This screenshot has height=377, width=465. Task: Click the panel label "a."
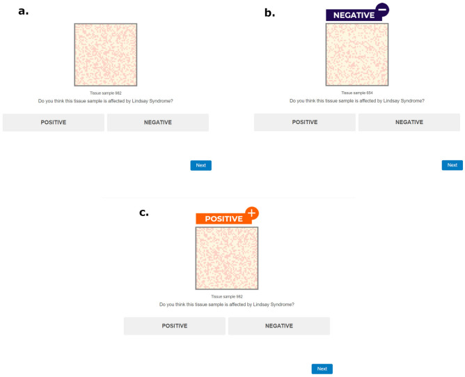(24, 10)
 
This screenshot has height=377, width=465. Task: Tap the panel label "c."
(144, 212)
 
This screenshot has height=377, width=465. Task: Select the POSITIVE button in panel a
(54, 122)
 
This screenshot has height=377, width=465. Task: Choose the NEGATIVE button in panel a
(157, 122)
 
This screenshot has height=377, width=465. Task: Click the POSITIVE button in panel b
(305, 122)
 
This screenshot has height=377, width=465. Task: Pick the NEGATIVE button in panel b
(409, 122)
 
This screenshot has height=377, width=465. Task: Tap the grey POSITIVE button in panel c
(175, 325)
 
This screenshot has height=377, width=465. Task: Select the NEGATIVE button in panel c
(278, 325)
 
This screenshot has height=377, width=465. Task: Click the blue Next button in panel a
(200, 165)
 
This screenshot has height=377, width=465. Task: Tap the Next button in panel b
(452, 165)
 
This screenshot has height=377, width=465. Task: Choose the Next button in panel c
(322, 369)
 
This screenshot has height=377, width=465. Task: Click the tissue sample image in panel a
(106, 54)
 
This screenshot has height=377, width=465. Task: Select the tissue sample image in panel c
(227, 258)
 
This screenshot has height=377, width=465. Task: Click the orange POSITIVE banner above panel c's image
(220, 218)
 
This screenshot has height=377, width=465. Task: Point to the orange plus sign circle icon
(251, 213)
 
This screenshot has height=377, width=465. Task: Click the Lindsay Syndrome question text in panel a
(106, 101)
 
